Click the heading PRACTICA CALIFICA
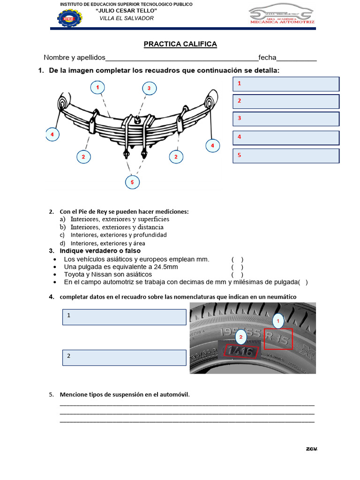180,44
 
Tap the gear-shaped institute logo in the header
69,18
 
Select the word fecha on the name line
267,58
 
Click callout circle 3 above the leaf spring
149,88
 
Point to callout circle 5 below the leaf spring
132,182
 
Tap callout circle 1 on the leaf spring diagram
97,88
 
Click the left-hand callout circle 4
52,135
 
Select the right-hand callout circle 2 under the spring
176,157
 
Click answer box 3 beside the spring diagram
286,119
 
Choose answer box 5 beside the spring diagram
286,156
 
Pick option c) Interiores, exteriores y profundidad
118,235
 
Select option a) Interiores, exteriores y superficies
120,219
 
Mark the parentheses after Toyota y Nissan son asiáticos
237,274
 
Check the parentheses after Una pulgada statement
237,267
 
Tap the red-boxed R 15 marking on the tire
278,338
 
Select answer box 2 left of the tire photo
124,357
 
